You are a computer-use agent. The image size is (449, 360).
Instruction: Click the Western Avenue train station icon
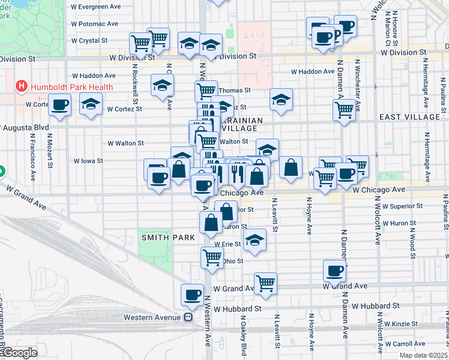pos(188,317)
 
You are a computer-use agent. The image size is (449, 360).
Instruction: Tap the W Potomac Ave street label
pos(94,23)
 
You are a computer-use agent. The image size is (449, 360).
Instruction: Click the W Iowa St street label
pos(88,161)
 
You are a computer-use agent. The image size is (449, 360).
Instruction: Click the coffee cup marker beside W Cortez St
pos(59,105)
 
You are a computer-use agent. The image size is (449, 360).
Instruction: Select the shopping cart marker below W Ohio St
pos(212,257)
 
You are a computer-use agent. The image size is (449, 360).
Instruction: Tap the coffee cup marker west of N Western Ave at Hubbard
pos(192,295)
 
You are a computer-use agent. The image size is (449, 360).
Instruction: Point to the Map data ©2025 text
pos(424,355)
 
